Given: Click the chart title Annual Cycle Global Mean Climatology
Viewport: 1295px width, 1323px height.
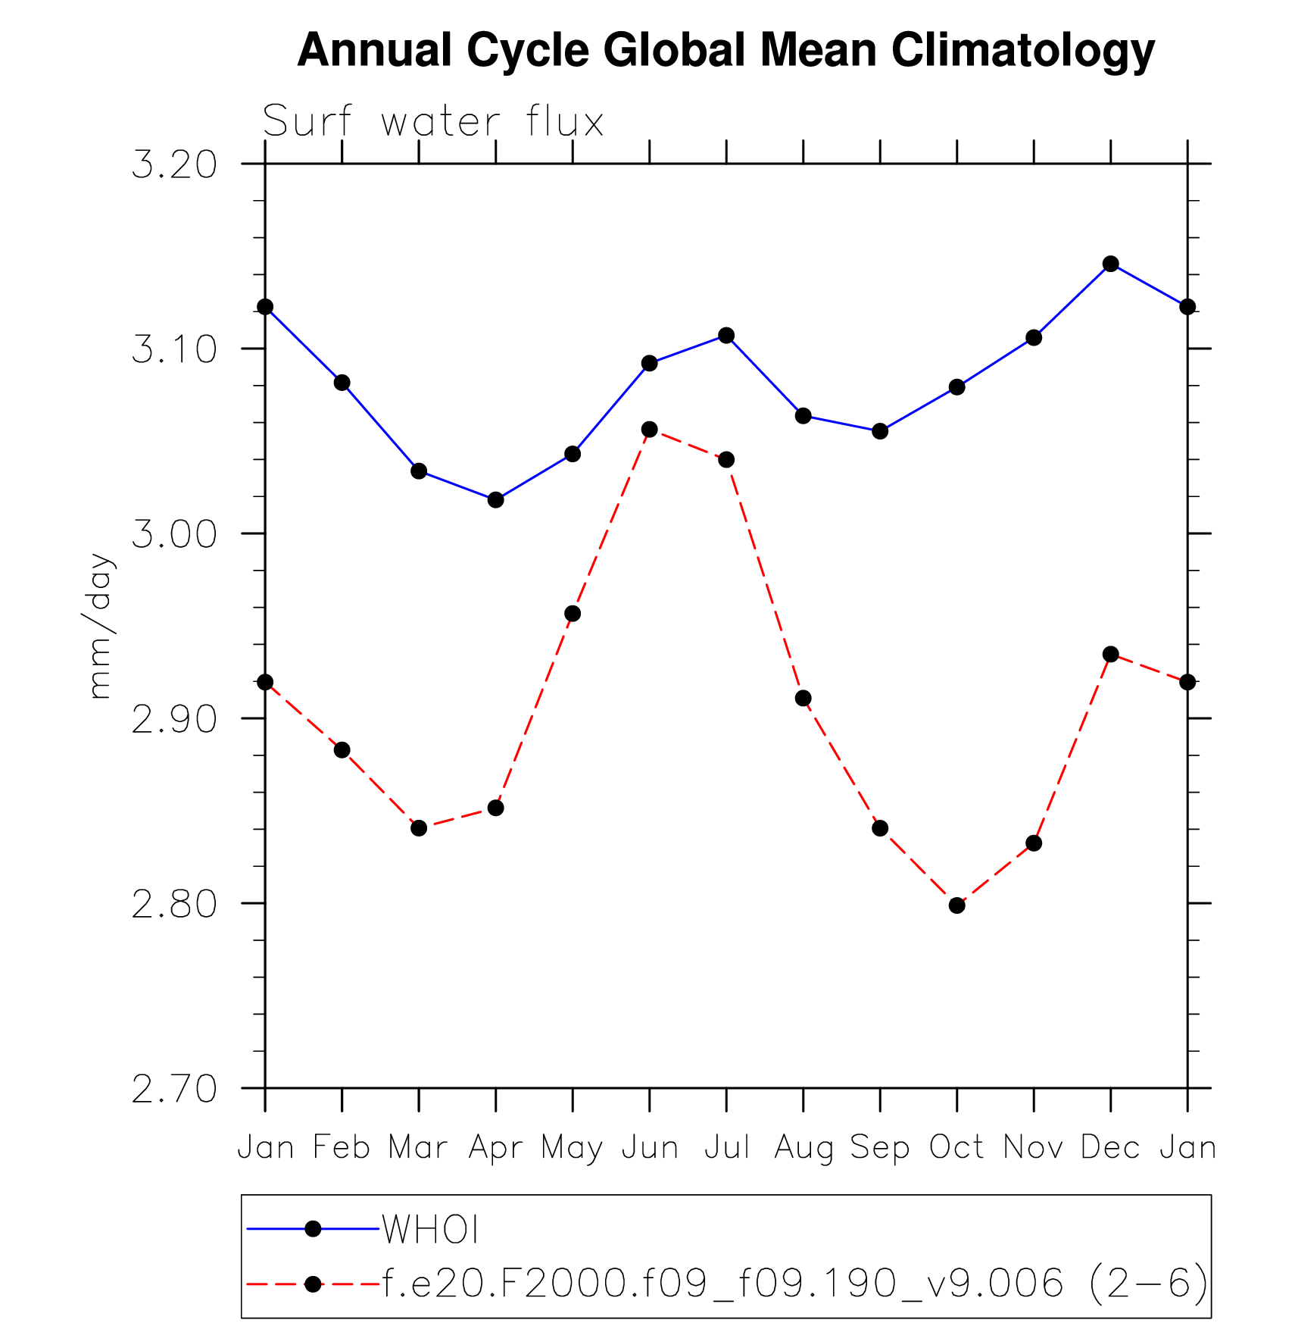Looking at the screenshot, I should [x=726, y=51].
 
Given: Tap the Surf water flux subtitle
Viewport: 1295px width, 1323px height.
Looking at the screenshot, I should [x=432, y=121].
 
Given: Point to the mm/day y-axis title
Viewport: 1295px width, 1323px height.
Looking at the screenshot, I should [x=100, y=626].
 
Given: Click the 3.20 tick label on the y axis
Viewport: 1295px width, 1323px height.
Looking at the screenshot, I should [x=174, y=164].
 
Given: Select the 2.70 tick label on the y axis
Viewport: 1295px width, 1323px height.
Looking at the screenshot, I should [x=174, y=1090].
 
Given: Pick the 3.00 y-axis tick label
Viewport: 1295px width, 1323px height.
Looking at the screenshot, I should [x=174, y=534].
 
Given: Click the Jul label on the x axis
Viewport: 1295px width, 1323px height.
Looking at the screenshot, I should [x=726, y=1147].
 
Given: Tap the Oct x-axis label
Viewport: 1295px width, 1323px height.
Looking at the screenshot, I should [x=956, y=1147].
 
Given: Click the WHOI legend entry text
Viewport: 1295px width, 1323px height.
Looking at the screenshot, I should [x=430, y=1229].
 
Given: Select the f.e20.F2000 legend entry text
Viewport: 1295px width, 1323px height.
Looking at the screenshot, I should [x=795, y=1284].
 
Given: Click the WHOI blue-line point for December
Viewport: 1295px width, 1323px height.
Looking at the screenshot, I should [x=1111, y=264].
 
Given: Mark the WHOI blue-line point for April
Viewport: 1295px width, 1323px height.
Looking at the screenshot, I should [x=495, y=500].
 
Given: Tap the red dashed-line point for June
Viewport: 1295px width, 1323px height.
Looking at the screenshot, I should [x=649, y=430].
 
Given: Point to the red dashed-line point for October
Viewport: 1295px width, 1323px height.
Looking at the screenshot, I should [x=956, y=905].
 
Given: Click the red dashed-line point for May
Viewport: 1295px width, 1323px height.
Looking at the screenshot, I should [x=573, y=614].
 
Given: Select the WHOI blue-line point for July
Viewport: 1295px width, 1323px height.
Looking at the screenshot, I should [x=726, y=336].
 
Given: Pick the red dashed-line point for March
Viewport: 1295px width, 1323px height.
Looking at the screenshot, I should [x=419, y=828].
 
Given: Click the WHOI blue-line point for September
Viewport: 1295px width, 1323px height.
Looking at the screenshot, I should [x=880, y=431].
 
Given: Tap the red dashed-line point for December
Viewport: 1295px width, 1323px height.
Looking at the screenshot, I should [x=1111, y=654].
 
